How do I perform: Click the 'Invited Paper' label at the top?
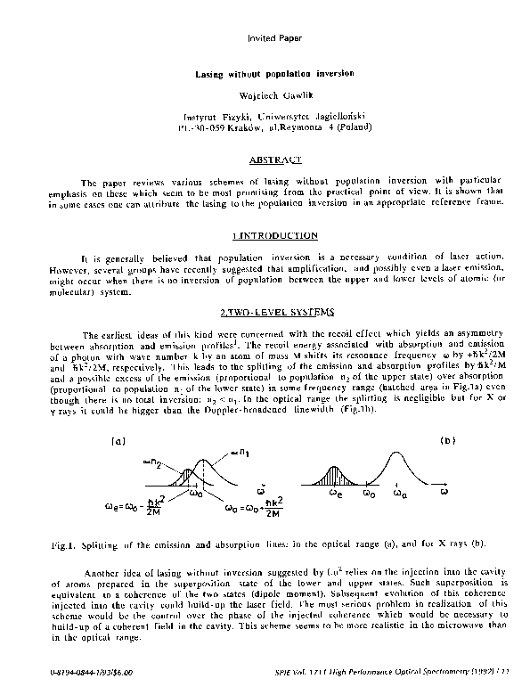pos(266,38)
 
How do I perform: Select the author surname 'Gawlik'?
pos(285,94)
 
